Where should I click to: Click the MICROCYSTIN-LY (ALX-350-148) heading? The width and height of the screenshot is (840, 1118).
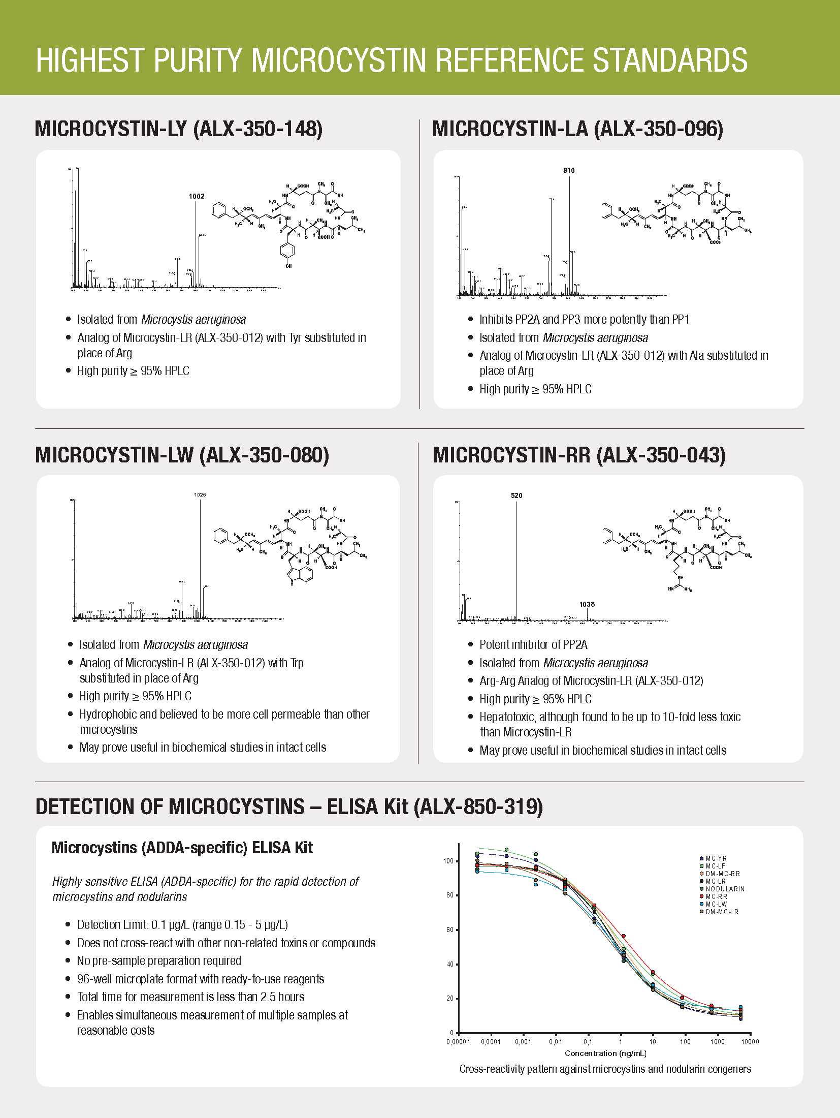click(x=178, y=129)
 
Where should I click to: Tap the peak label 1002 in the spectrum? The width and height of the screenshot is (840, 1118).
click(x=197, y=196)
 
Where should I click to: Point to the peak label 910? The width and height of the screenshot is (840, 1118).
click(x=569, y=170)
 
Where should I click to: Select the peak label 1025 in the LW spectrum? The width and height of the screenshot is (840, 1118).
click(x=200, y=494)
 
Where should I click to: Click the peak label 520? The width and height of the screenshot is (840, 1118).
click(x=516, y=495)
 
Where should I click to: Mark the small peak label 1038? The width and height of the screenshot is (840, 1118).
click(x=587, y=604)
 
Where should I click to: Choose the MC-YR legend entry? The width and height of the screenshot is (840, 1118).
click(x=716, y=858)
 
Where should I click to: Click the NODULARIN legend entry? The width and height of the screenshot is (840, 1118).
click(x=725, y=889)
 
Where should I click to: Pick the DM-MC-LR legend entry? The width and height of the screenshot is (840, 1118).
click(x=722, y=912)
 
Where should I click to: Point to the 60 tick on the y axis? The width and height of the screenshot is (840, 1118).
click(x=450, y=929)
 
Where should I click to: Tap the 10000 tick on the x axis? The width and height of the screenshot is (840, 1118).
click(x=750, y=1042)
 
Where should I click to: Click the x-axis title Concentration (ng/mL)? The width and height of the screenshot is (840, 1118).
click(x=605, y=1053)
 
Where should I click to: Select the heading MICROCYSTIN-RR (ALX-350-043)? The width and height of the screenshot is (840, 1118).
click(x=579, y=454)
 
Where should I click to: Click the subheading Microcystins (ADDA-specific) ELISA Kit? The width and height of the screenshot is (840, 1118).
click(x=182, y=848)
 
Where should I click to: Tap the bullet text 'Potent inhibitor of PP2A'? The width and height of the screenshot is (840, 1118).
click(x=533, y=645)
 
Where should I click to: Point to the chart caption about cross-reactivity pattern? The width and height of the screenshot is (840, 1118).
click(x=605, y=1069)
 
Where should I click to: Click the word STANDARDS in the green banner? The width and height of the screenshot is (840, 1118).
click(x=670, y=60)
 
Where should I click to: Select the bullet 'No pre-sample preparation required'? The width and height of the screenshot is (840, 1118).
click(x=159, y=960)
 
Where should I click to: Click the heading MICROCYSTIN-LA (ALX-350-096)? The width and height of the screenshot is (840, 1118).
click(x=577, y=129)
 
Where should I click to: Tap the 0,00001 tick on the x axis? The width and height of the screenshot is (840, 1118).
click(x=459, y=1042)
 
